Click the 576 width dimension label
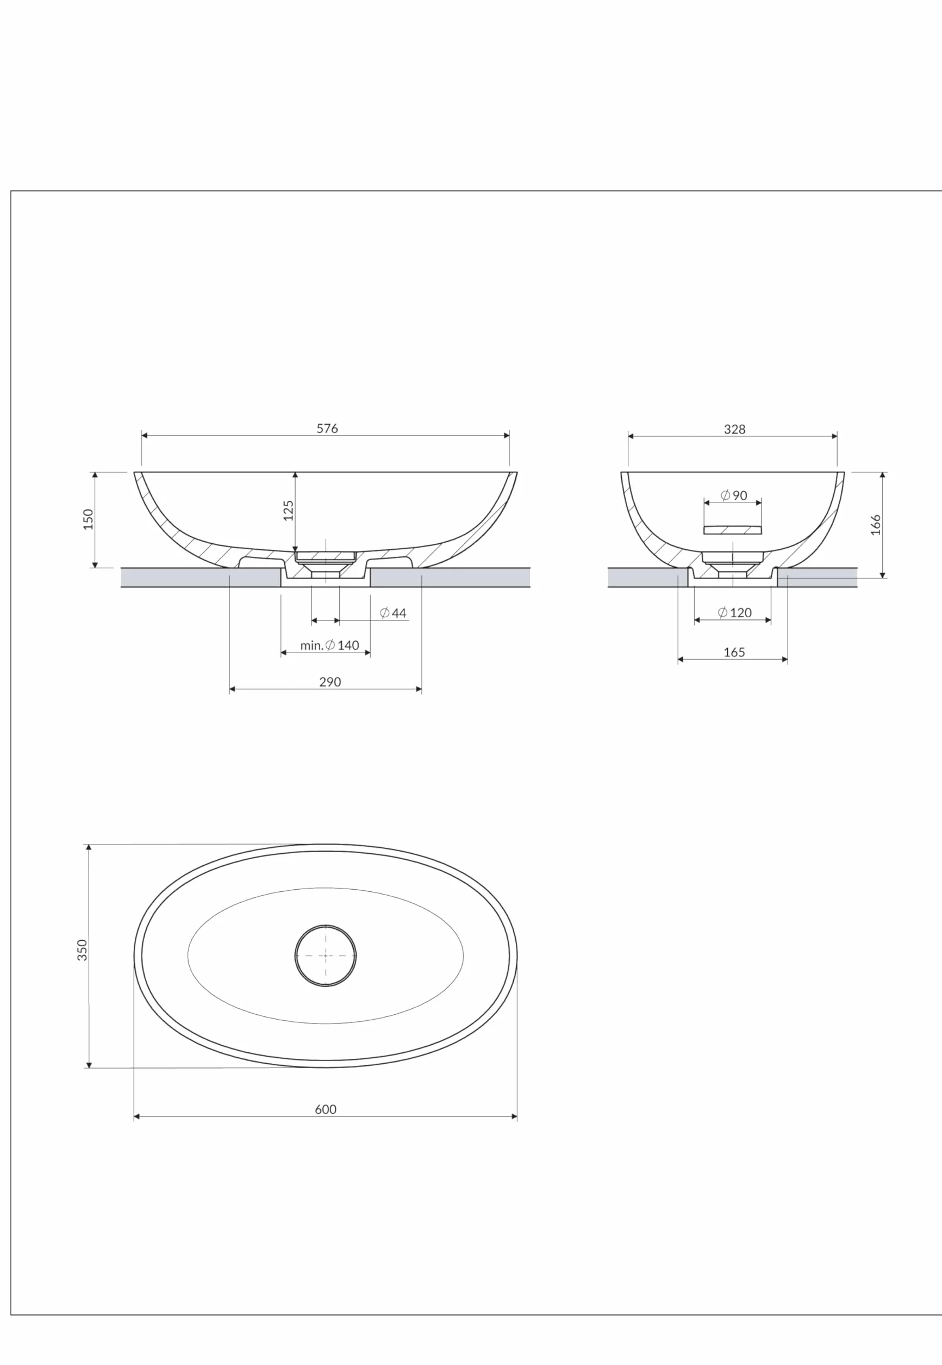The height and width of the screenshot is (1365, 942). coord(327,429)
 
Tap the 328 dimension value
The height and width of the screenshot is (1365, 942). coord(734,429)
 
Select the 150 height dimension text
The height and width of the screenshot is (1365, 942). coord(89,519)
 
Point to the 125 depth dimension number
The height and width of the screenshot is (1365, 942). coord(289,511)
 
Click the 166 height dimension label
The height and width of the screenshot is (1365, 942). coord(876,525)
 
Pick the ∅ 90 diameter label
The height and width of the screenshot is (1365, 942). coord(734,495)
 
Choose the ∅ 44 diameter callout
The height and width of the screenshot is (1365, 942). coord(393,613)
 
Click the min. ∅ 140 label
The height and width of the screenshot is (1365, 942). coord(329,646)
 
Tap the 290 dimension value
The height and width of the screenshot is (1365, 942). coord(330,682)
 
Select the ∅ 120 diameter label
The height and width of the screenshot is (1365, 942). coord(735,612)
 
